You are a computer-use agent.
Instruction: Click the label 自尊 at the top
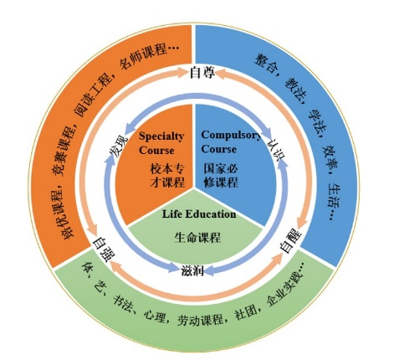pos(202,73)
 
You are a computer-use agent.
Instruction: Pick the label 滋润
pos(192,270)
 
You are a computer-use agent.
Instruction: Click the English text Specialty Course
pos(161,143)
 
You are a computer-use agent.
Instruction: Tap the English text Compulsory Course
pos(231,141)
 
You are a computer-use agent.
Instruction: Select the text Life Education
pos(199,213)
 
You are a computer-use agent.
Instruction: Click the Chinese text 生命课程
pos(197,238)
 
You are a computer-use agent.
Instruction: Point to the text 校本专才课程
pos(167,176)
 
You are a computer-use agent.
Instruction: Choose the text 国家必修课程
pos(221,176)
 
